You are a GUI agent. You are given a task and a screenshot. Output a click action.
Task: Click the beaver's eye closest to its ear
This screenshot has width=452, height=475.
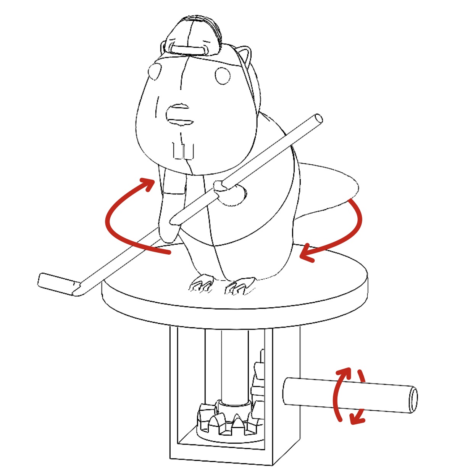(x=223, y=75)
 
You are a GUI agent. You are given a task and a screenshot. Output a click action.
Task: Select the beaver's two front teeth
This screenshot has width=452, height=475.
(x=183, y=151)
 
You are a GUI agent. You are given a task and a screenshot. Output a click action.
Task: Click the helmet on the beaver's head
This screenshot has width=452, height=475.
(x=193, y=36)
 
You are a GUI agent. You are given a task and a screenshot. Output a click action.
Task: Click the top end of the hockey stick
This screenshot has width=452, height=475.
(x=318, y=119)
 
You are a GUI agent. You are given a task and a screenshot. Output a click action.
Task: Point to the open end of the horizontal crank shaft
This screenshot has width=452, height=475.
(x=412, y=400)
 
